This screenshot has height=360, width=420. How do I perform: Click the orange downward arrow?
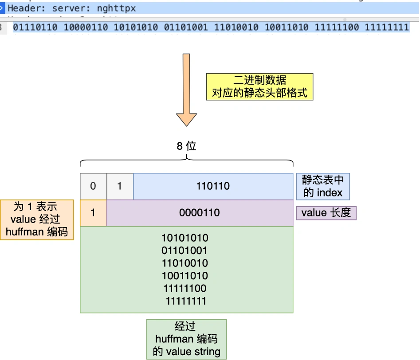[x=186, y=89]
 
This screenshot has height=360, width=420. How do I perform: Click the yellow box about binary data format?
[x=259, y=86]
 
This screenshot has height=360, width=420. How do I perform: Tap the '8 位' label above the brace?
[x=186, y=146]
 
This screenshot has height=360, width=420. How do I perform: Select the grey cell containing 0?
[x=93, y=186]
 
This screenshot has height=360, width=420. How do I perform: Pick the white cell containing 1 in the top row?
[x=119, y=186]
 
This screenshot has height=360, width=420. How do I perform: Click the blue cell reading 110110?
[x=213, y=186]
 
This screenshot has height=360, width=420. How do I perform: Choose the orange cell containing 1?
[x=93, y=213]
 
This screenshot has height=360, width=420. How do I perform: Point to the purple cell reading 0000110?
[x=200, y=213]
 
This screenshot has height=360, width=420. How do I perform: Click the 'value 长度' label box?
[x=326, y=213]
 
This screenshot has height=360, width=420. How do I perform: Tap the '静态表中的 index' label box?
[x=322, y=186]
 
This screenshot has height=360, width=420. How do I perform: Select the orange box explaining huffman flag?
[x=37, y=219]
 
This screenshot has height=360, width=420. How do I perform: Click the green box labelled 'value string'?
[x=186, y=339]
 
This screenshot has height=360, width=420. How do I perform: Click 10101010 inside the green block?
[x=185, y=238]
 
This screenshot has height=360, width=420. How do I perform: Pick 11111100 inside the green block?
[x=185, y=289]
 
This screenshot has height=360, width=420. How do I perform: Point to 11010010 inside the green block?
[x=185, y=263]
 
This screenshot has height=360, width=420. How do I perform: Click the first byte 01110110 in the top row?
[x=35, y=27]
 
